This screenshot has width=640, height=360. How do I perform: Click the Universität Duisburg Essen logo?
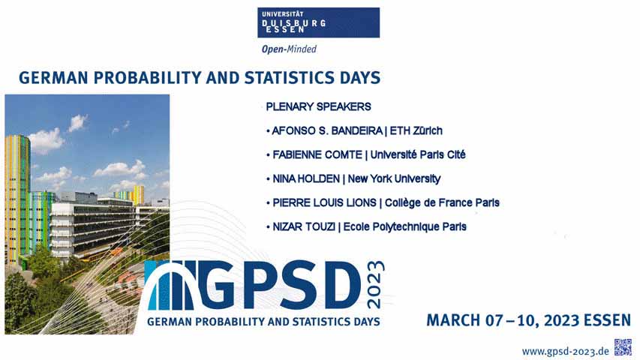pyautogui.click(x=318, y=22)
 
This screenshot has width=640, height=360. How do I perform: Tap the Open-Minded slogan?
pyautogui.click(x=289, y=49)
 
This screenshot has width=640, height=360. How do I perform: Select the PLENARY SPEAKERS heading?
pyautogui.click(x=318, y=106)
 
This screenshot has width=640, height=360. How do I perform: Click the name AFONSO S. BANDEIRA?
pyautogui.click(x=327, y=130)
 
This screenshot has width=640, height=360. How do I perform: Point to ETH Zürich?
pyautogui.click(x=416, y=130)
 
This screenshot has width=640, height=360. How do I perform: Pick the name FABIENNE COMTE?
pyautogui.click(x=317, y=154)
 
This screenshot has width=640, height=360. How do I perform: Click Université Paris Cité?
pyautogui.click(x=418, y=154)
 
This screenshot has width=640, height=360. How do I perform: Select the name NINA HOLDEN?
pyautogui.click(x=305, y=178)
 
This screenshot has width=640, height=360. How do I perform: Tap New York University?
pyautogui.click(x=395, y=178)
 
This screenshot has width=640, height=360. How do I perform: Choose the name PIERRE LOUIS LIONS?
pyautogui.click(x=324, y=202)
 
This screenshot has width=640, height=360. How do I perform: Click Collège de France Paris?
pyautogui.click(x=442, y=202)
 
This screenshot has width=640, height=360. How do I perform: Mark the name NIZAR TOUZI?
pyautogui.click(x=304, y=226)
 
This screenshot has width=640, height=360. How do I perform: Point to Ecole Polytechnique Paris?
pyautogui.click(x=405, y=227)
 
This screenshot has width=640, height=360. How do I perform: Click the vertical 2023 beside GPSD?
pyautogui.click(x=375, y=284)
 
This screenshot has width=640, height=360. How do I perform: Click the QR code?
pyautogui.click(x=623, y=347)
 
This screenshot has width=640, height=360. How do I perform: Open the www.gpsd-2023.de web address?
pyautogui.click(x=565, y=352)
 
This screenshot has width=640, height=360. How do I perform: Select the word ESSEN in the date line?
pyautogui.click(x=607, y=320)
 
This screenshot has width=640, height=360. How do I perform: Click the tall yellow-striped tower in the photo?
pyautogui.click(x=17, y=200)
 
